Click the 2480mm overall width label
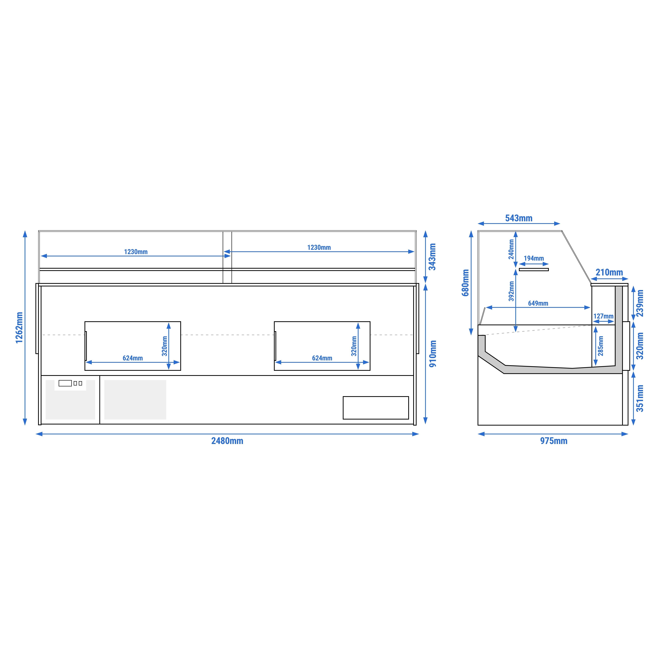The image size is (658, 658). point(227,441)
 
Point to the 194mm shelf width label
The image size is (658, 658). point(534,258)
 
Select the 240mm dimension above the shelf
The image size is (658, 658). point(511,249)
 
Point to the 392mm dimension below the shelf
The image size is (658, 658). point(511,291)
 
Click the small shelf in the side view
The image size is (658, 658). point(534,270)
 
